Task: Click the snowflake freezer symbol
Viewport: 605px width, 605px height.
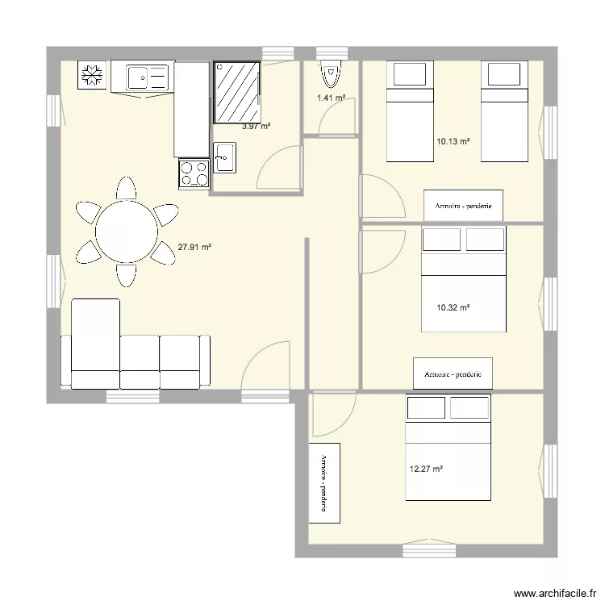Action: [x=92, y=75]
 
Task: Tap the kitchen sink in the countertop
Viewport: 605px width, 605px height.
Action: [x=148, y=77]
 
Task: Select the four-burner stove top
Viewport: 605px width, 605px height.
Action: [x=194, y=173]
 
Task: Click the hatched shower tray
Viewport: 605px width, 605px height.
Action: [x=236, y=92]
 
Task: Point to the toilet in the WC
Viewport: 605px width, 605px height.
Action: [x=331, y=73]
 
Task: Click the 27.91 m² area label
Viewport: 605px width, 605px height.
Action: [x=194, y=247]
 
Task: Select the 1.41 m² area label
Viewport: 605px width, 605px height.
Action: [x=331, y=98]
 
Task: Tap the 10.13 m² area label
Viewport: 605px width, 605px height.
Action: [x=453, y=142]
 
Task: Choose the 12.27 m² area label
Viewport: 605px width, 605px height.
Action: [x=426, y=469]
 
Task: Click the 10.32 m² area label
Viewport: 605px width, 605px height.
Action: [x=453, y=308]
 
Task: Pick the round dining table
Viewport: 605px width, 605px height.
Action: [x=127, y=232]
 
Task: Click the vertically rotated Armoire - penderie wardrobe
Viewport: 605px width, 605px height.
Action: [x=324, y=483]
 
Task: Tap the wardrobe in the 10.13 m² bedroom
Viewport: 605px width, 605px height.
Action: [x=463, y=206]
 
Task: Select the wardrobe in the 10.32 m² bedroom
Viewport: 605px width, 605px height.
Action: [x=453, y=373]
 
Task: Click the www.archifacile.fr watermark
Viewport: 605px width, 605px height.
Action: [x=555, y=593]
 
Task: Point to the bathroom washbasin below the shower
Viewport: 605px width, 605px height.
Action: [x=224, y=157]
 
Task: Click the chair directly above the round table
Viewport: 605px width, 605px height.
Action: [x=126, y=189]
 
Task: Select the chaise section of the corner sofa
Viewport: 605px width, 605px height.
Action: [x=95, y=344]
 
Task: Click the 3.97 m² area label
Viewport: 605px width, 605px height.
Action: [x=257, y=126]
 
